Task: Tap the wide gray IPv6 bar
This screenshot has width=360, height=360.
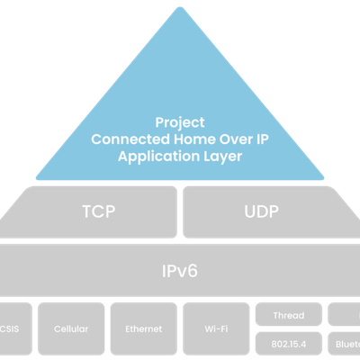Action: click(x=180, y=269)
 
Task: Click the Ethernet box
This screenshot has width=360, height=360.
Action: click(x=144, y=329)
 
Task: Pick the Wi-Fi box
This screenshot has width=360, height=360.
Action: click(x=216, y=329)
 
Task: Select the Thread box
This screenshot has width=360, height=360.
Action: click(x=288, y=314)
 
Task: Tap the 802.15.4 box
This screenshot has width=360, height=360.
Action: click(x=288, y=344)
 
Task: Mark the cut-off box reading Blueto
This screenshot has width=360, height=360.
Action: click(x=344, y=344)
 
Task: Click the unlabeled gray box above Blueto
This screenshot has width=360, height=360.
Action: click(x=344, y=314)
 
